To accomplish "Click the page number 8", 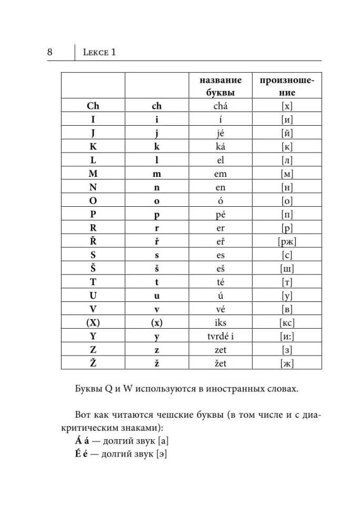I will (x=49, y=52).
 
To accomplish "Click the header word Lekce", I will (x=95, y=52).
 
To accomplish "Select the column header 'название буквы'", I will (x=221, y=86).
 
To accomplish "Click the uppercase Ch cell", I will (x=93, y=106).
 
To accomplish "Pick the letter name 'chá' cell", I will (x=221, y=106).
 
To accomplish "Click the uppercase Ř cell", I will (x=93, y=242).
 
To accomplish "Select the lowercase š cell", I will (x=156, y=269).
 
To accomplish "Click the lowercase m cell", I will (x=156, y=174).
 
